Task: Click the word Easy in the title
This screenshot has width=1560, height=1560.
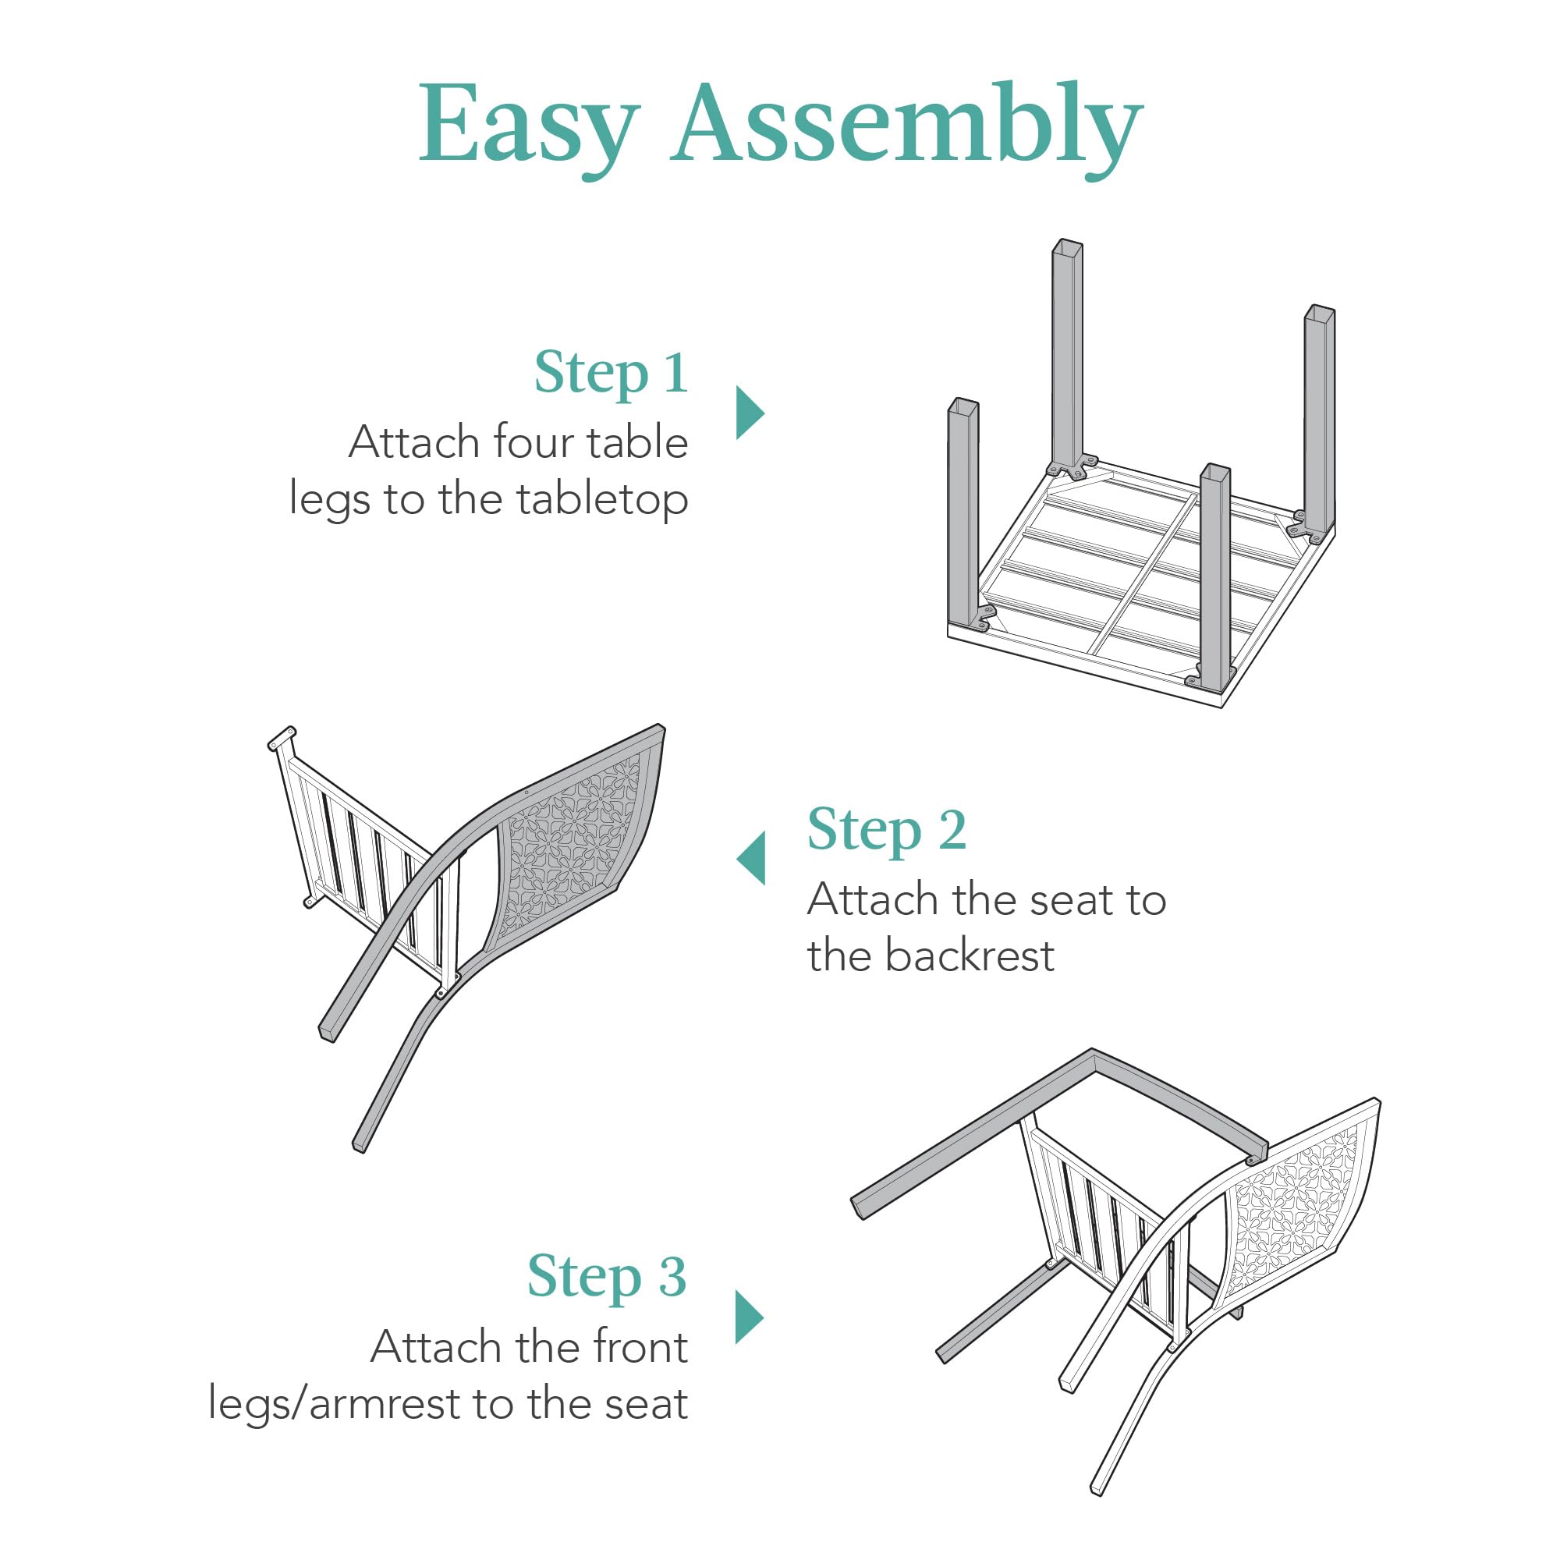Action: (x=529, y=125)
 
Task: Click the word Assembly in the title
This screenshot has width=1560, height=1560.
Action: (x=906, y=125)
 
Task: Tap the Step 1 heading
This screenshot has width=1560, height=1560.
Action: (x=611, y=373)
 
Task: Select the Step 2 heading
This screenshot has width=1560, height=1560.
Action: (x=887, y=830)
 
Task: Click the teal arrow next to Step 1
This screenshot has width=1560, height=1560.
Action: (x=749, y=413)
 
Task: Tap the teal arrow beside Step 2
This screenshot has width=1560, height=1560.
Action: (x=752, y=858)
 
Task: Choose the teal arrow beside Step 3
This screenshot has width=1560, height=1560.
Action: (x=749, y=1317)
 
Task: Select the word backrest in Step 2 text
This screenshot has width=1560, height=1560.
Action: (x=969, y=956)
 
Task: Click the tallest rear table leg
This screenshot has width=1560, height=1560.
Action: (x=1066, y=355)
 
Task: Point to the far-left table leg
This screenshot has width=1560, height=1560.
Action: (x=963, y=517)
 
